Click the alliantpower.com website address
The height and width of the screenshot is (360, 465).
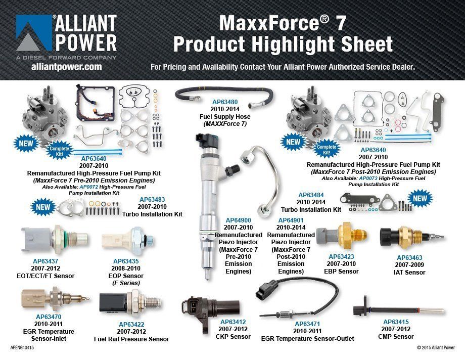66,67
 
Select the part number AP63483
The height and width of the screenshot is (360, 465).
152,200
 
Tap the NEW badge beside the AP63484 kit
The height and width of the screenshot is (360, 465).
420,198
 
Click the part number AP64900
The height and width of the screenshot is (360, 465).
238,220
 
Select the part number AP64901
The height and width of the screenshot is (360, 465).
291,220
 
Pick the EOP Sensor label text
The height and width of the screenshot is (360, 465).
126,276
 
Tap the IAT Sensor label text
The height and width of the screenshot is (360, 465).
410,272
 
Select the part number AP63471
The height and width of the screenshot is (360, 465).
307,324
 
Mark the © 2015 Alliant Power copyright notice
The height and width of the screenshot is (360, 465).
435,348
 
